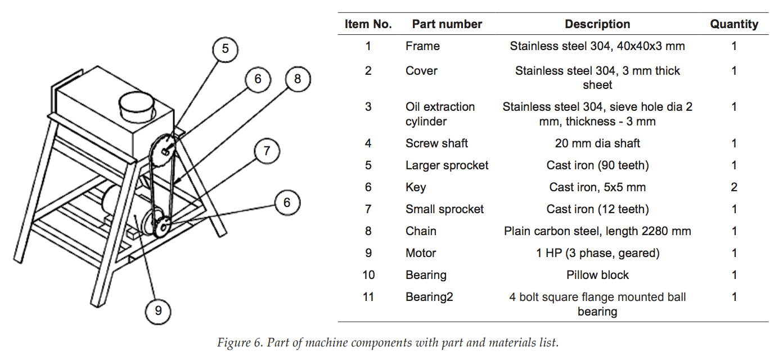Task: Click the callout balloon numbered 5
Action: [x=225, y=49]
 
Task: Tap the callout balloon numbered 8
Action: [x=298, y=79]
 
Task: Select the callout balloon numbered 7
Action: [x=267, y=151]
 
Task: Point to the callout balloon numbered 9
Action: [x=158, y=311]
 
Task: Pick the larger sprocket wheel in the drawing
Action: [x=162, y=151]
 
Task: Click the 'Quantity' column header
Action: [x=734, y=24]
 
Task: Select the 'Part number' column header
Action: [x=447, y=24]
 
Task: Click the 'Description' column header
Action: [x=597, y=24]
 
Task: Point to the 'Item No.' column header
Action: [x=368, y=24]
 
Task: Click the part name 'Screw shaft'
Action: [x=436, y=143]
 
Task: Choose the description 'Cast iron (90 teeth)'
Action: [x=597, y=165]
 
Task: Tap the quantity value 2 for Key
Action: [x=734, y=187]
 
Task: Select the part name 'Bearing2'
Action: [x=429, y=297]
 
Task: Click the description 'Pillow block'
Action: [x=597, y=275]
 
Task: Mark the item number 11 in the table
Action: [x=368, y=297]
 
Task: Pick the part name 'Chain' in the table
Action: [x=421, y=231]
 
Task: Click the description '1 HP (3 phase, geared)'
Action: [x=597, y=253]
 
